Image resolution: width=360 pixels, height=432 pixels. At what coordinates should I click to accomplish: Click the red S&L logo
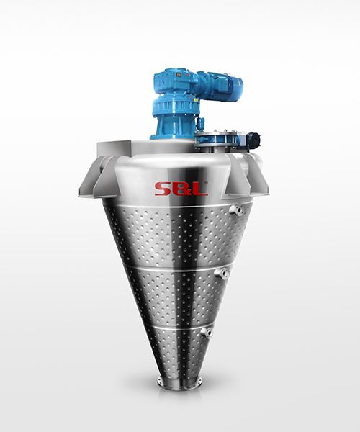coord(181,189)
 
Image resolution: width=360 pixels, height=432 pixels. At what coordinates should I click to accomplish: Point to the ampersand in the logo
coord(181,189)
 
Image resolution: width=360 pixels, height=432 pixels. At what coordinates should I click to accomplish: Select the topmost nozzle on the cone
coord(236,210)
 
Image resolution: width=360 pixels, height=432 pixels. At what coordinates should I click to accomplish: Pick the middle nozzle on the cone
coord(222,273)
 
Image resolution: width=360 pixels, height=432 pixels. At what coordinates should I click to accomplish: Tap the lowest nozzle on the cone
coord(207,333)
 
